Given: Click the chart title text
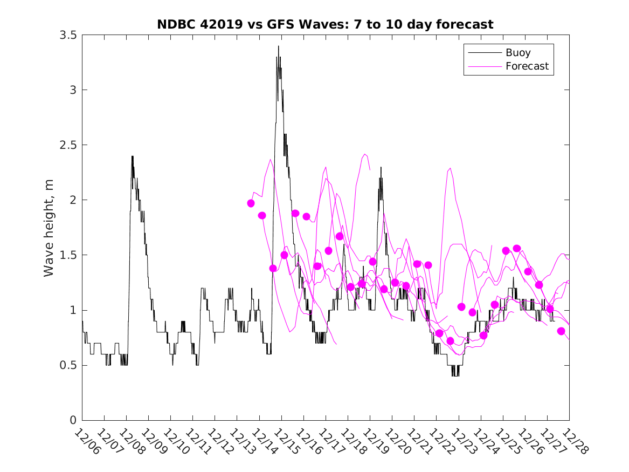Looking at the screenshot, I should click(325, 24).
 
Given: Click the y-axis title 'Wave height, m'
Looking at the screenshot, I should click(49, 228).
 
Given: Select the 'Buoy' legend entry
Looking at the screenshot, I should click(517, 53).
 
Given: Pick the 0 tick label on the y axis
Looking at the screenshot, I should click(73, 420).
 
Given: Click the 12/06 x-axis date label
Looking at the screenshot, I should click(87, 442).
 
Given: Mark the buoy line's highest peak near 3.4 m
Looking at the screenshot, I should click(278, 46).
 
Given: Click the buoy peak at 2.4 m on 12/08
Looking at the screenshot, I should click(132, 156).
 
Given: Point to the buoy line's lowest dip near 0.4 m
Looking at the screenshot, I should click(455, 375).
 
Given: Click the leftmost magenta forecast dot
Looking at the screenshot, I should click(251, 203).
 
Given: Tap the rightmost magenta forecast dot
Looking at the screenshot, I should click(561, 331).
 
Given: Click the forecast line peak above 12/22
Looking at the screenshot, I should click(450, 168).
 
